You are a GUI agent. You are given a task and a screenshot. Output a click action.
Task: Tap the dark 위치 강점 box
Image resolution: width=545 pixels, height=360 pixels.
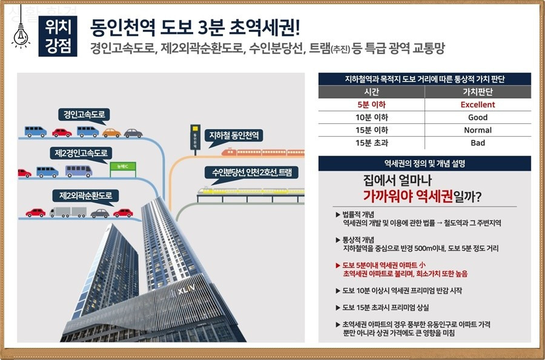[58, 36]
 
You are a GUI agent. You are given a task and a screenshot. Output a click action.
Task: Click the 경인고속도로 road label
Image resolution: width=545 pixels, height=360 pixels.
[84, 114]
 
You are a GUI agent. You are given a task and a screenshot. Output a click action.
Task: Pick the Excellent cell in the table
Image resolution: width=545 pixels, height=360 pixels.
[477, 105]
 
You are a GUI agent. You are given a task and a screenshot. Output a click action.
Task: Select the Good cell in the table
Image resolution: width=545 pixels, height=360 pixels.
[477, 117]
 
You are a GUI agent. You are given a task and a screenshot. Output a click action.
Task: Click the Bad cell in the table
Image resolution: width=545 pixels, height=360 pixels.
[477, 143]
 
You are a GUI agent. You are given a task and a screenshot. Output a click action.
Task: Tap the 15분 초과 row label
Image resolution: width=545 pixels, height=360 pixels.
[371, 143]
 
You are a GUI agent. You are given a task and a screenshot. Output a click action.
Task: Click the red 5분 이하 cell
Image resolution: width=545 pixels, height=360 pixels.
[371, 105]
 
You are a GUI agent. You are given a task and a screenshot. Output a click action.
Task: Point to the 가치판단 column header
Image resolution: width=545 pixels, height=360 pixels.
[477, 92]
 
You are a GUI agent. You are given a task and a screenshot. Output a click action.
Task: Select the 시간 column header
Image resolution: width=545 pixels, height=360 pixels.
[371, 92]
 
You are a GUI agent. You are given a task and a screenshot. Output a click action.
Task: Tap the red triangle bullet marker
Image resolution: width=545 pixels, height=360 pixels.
[337, 265]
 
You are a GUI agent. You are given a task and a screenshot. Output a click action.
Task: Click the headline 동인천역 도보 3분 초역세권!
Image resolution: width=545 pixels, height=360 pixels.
[195, 28]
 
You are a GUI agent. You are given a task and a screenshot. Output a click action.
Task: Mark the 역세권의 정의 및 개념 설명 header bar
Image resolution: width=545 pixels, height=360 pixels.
[424, 163]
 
